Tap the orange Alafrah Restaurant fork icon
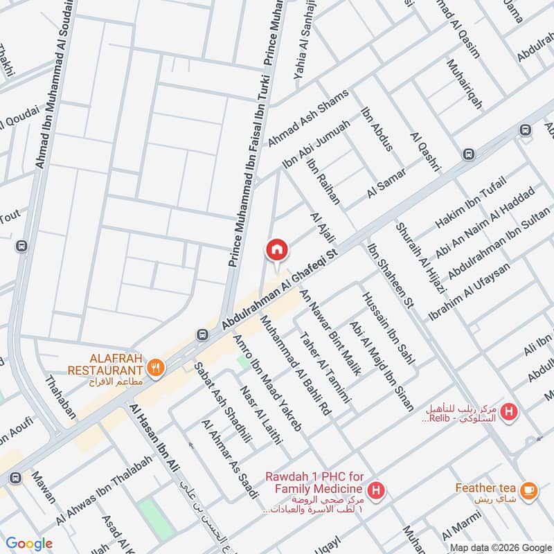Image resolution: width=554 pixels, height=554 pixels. (157, 368)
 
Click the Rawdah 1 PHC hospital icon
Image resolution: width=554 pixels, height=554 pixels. (376, 491)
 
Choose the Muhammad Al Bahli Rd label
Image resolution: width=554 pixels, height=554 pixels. (296, 364)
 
